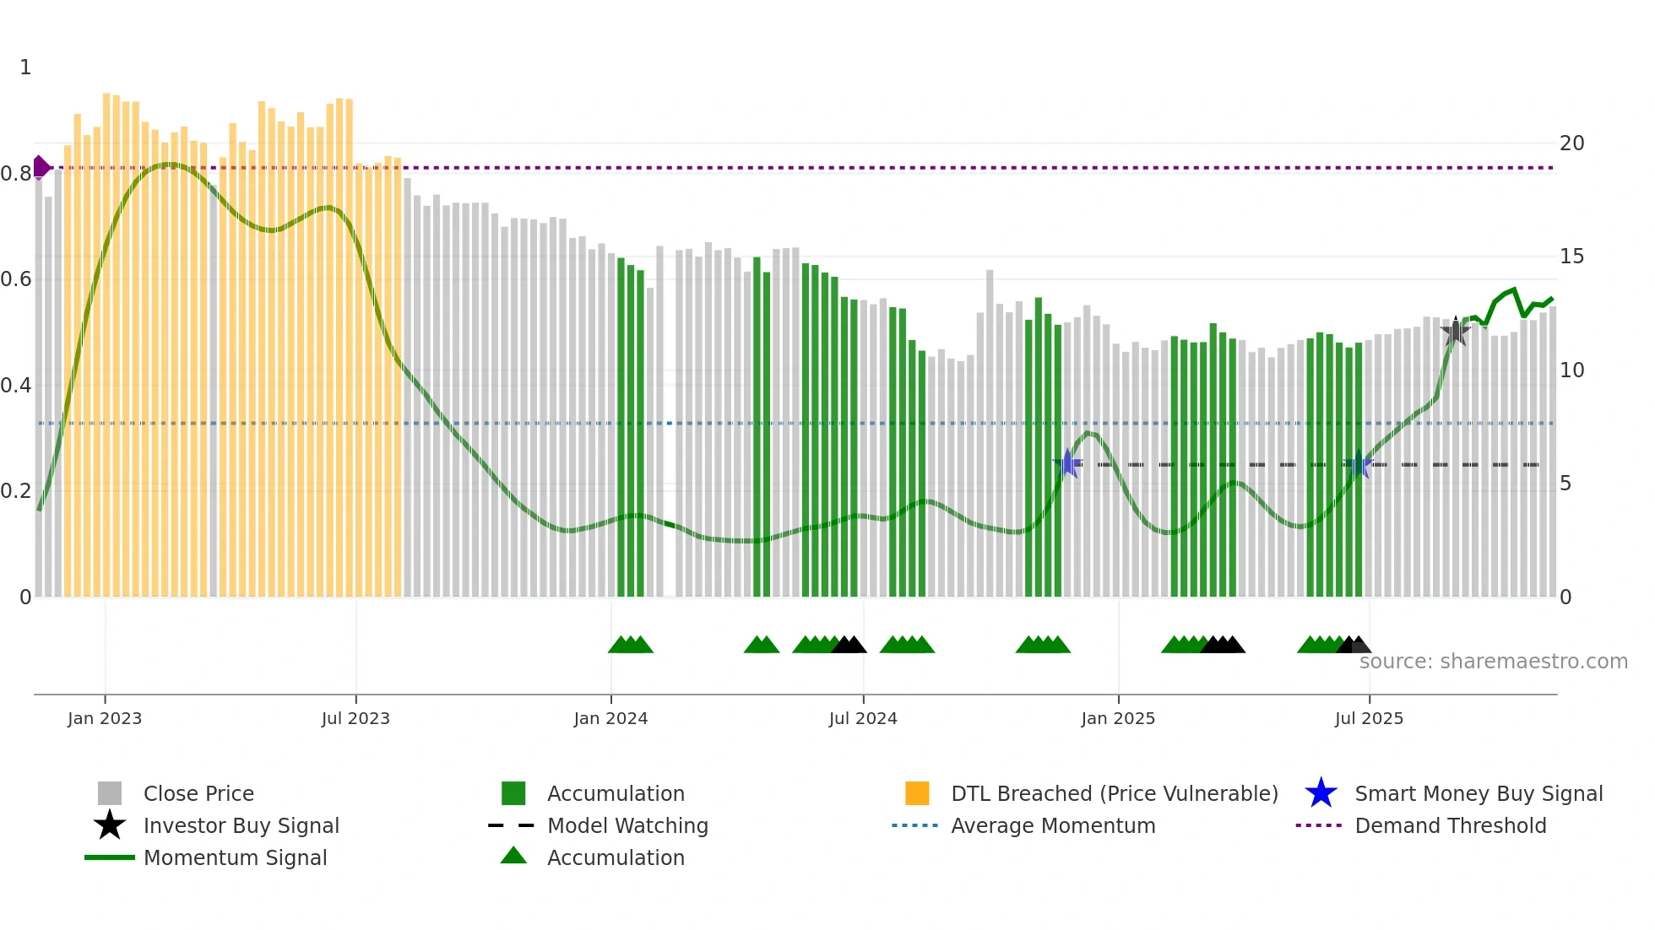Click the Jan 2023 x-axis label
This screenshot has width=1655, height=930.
(105, 719)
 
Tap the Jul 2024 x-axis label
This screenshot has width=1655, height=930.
(863, 719)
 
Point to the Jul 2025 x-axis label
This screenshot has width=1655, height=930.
(1369, 719)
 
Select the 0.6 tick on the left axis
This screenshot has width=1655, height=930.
(16, 279)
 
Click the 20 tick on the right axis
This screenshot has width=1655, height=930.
(1571, 143)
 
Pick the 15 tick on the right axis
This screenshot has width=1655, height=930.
(1571, 257)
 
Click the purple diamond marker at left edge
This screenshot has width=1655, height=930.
(41, 167)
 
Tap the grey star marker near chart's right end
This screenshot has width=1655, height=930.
(1455, 332)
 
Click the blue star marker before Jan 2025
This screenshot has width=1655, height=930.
(1067, 463)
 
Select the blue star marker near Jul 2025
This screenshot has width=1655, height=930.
(1358, 465)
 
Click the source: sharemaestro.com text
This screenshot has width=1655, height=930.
(1493, 662)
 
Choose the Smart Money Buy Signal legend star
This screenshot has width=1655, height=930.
(1321, 793)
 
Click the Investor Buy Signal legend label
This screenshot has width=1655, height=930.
(241, 825)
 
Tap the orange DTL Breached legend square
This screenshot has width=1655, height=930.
(917, 793)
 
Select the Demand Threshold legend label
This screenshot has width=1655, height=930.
(1450, 825)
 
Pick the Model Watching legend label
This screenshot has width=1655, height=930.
(627, 825)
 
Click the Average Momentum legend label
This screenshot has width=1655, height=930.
(1053, 825)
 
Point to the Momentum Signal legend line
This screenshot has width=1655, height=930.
(110, 857)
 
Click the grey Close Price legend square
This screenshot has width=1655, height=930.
(110, 793)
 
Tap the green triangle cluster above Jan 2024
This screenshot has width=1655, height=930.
(631, 646)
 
